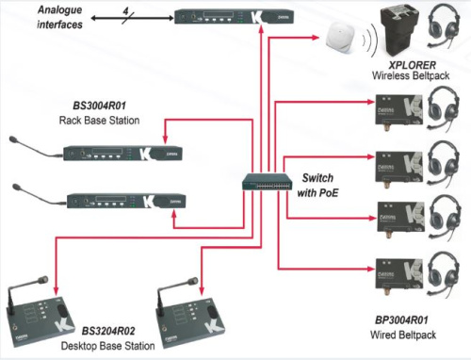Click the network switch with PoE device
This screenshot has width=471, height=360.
(268, 182)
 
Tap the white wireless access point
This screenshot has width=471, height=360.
(340, 39)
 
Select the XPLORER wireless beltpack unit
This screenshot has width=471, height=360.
(399, 31)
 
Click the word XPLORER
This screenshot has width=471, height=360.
(412, 65)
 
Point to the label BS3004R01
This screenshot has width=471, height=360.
(100, 106)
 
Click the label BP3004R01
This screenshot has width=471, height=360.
(401, 320)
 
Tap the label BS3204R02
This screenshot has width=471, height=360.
(108, 331)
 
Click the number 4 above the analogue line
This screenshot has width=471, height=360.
(125, 11)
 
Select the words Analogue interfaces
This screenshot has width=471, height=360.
(59, 17)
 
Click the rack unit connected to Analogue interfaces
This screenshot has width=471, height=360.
(234, 16)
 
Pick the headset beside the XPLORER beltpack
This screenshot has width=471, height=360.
(443, 26)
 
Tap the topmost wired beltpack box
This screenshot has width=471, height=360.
(399, 110)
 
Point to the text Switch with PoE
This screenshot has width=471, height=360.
(317, 186)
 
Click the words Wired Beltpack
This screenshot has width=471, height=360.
(403, 335)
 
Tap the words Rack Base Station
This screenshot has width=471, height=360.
(99, 121)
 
